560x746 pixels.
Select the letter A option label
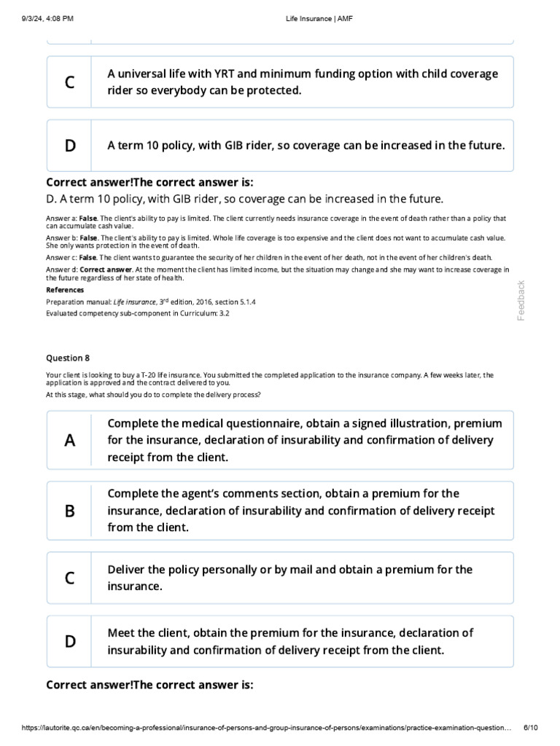tap(70, 440)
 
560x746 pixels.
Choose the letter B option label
tap(70, 511)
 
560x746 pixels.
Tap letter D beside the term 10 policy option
tap(70, 146)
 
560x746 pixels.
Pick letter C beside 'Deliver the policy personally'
tap(70, 578)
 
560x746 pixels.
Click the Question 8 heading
tap(68, 358)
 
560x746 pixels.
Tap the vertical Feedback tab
tap(521, 300)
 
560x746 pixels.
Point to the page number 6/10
tap(531, 728)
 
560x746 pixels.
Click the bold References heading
tap(65, 289)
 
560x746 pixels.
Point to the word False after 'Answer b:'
tap(88, 237)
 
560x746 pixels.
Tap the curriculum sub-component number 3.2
tap(224, 313)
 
